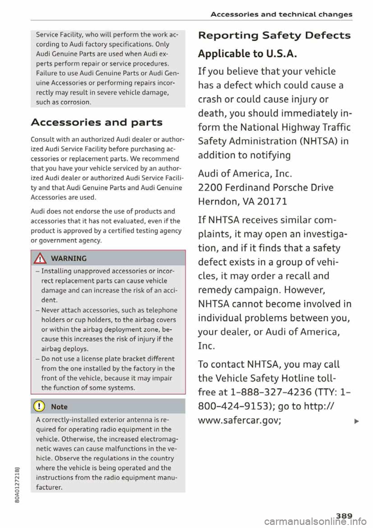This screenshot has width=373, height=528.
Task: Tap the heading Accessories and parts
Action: pos(96,122)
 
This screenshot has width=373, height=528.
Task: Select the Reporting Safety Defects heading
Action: pos(274,35)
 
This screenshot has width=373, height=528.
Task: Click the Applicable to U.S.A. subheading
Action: pos(248,54)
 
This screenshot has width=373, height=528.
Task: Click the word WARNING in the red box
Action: pos(69,259)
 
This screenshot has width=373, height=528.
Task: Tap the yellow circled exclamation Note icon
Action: pos(40,407)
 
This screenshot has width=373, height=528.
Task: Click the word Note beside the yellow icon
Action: pos(59,407)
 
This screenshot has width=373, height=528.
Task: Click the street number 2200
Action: pos(210,188)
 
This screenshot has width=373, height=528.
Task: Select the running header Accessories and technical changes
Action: pos(281,14)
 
